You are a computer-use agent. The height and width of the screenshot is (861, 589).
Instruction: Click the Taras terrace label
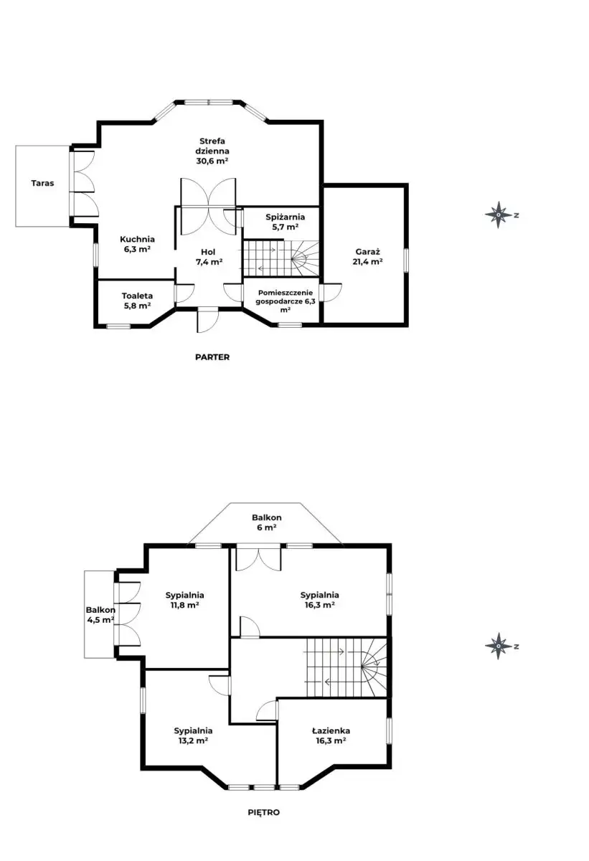tap(42, 184)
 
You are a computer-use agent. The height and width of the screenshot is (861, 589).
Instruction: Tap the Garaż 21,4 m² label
tap(368, 257)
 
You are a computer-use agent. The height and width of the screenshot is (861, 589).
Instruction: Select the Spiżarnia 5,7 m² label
tap(286, 222)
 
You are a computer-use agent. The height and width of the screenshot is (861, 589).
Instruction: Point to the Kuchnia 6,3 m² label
tap(137, 244)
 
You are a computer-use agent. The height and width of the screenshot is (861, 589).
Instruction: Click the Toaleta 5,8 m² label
tap(137, 301)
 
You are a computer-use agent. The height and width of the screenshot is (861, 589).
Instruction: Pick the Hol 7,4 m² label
tap(209, 257)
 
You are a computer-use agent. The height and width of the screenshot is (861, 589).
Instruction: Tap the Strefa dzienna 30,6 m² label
tap(212, 151)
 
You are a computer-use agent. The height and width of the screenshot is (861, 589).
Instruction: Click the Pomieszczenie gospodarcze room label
tap(286, 301)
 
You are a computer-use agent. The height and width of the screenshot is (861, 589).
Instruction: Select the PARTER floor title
tap(212, 357)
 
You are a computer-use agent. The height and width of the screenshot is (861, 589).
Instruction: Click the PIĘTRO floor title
tap(263, 812)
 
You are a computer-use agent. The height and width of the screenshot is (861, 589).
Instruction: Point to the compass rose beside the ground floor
tap(499, 215)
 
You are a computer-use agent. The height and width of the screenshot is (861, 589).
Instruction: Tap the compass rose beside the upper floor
tap(499, 646)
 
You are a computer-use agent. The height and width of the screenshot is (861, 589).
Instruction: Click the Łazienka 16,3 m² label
tap(331, 735)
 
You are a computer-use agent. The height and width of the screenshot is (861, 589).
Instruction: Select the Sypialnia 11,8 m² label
tap(185, 600)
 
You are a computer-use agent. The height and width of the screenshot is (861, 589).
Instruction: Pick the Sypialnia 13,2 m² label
tap(193, 735)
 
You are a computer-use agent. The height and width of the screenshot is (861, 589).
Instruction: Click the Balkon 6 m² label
tap(267, 522)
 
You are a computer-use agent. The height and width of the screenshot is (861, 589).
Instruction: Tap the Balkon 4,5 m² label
tap(100, 615)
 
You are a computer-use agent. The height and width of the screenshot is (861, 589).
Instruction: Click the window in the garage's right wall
tap(406, 260)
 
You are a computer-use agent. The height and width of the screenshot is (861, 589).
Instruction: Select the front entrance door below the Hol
tap(207, 319)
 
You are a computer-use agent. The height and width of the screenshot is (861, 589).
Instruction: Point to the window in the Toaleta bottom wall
tap(118, 326)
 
